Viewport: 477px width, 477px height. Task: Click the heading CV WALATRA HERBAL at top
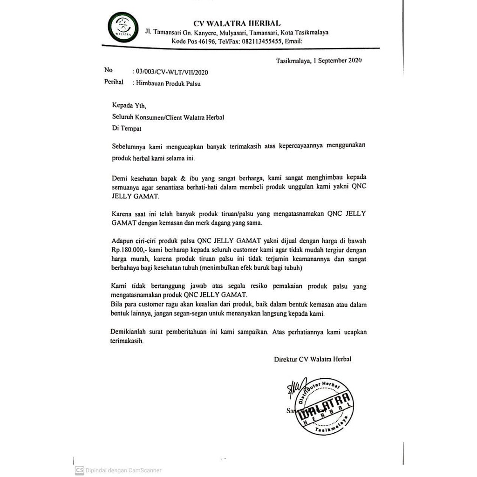[x=237, y=23]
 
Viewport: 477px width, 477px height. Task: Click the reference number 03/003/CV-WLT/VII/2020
[x=170, y=72]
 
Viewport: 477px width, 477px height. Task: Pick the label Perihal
[x=114, y=82]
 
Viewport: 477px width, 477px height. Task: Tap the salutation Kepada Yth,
[x=126, y=106]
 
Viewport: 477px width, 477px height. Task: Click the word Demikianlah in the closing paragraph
[x=131, y=333]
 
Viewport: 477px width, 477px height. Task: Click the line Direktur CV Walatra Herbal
[x=313, y=359]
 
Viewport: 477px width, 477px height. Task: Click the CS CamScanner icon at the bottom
[x=80, y=470]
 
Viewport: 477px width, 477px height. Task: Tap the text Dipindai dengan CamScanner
[x=123, y=470]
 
